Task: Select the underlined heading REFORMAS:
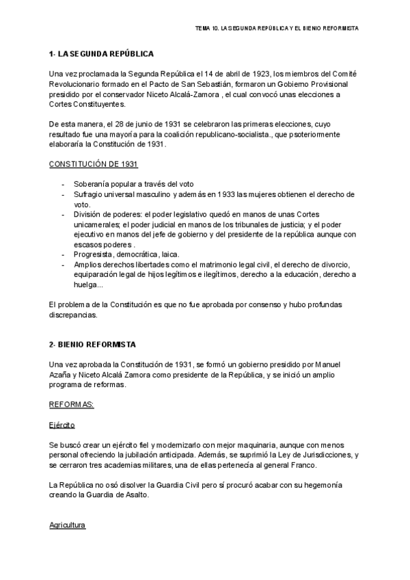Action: pos(71,405)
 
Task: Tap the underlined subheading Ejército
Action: pos(62,425)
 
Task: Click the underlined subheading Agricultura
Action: pos(68,526)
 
